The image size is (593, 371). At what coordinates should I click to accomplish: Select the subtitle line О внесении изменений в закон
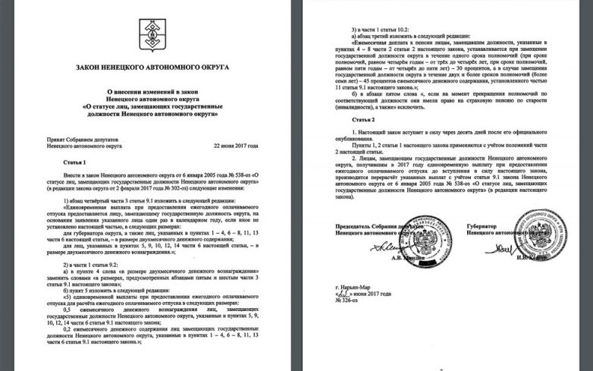(x=148, y=90)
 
